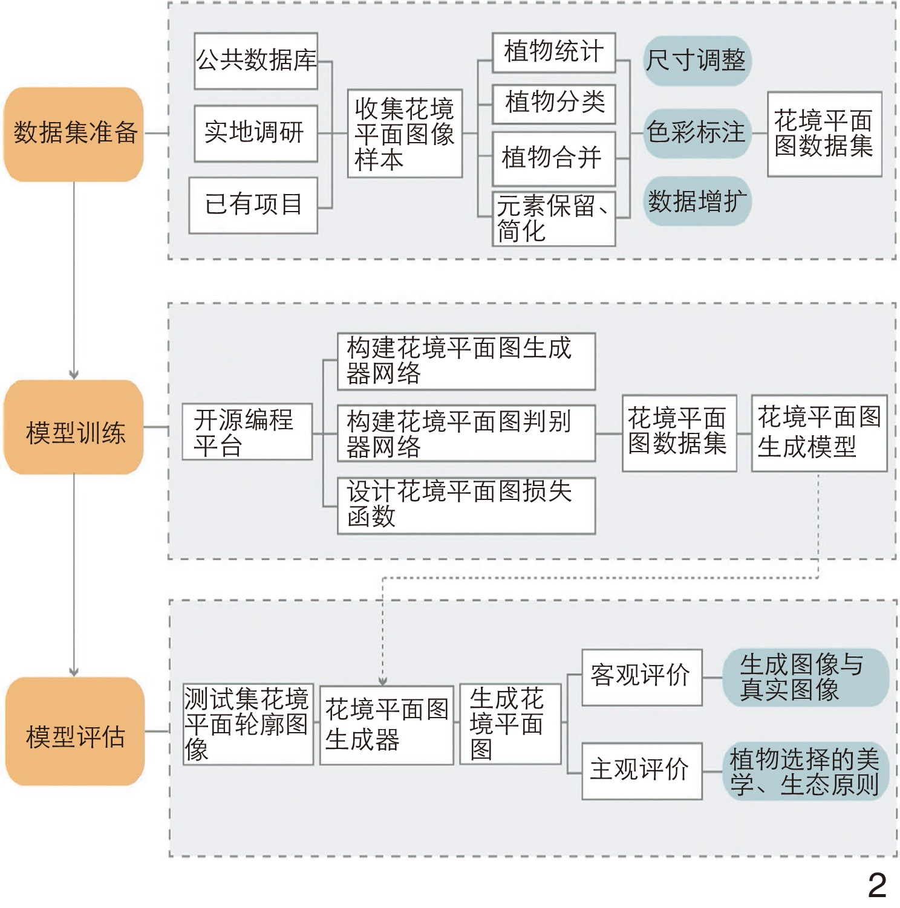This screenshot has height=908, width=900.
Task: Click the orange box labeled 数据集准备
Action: (74, 134)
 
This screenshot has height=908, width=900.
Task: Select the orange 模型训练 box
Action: (74, 427)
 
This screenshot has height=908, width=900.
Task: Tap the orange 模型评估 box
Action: (75, 731)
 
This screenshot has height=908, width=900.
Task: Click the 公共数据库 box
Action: (256, 61)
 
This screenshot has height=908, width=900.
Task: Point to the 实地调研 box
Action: (256, 133)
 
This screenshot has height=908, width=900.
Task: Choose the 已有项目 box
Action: (253, 205)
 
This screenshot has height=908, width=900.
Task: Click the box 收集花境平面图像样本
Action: (405, 134)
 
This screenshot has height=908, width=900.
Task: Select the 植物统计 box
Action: (553, 53)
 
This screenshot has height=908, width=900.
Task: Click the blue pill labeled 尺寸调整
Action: (697, 60)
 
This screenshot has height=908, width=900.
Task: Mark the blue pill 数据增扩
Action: (697, 201)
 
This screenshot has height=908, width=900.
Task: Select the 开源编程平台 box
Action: (247, 432)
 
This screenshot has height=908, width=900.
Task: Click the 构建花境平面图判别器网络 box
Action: (466, 433)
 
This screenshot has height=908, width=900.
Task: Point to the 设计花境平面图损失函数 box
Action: (466, 505)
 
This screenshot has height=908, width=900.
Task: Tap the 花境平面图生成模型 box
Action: (819, 433)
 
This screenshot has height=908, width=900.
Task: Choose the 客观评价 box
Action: (642, 677)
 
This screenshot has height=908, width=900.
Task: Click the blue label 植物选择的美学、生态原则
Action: (805, 771)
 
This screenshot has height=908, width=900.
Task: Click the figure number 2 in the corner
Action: (877, 885)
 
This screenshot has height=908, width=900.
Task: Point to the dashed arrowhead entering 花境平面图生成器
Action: (382, 681)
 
